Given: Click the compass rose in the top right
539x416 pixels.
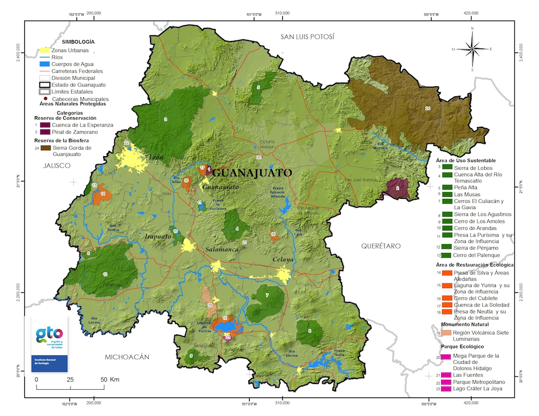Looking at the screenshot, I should [472, 48].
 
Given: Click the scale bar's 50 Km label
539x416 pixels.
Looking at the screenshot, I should [111, 379].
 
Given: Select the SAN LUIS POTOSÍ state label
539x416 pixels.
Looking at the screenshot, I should [307, 36].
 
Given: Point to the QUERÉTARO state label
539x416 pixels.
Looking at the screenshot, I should [381, 246].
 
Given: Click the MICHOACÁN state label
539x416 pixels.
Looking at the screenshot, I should [127, 357].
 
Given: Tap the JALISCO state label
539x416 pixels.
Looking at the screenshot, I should [50, 165].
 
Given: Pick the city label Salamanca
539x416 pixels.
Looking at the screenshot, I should [223, 249].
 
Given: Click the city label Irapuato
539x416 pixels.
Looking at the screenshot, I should [158, 237].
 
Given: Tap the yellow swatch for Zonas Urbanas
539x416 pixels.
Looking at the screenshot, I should [45, 51].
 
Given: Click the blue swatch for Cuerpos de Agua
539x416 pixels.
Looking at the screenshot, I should [45, 64].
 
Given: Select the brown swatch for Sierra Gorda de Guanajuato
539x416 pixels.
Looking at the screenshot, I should [45, 148].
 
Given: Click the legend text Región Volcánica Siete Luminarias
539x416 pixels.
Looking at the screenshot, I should [478, 336].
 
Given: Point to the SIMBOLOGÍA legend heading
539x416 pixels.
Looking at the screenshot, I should [78, 41].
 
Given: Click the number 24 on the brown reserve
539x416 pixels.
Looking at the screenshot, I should [428, 108].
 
